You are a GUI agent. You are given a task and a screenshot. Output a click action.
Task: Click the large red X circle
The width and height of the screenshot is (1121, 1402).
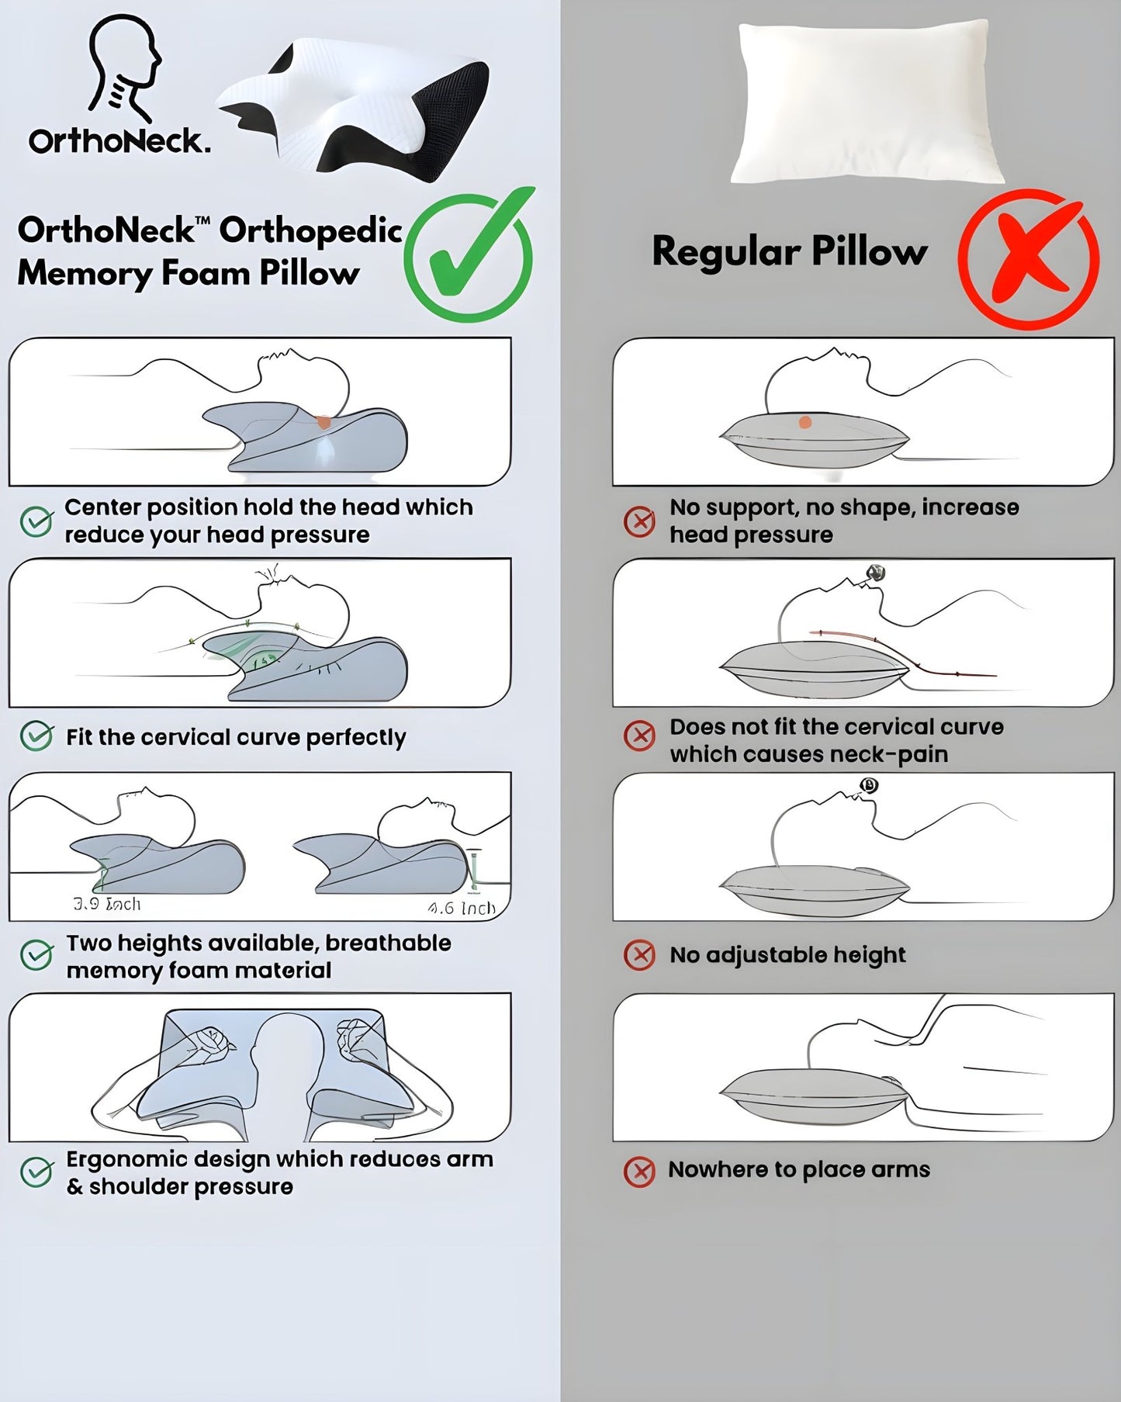[x=1029, y=259]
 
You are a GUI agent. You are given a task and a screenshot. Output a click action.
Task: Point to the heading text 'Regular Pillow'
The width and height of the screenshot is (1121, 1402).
[x=789, y=251]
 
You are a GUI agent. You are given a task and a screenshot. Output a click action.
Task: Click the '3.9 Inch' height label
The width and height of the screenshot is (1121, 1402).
[x=107, y=904]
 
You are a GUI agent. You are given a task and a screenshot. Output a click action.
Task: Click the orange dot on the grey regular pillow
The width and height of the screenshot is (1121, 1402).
[x=805, y=423]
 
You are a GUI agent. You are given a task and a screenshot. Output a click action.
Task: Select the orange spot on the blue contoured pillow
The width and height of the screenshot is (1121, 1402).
[x=323, y=422]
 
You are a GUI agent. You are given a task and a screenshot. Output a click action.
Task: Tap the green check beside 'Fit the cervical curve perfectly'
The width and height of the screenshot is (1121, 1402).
[x=36, y=736]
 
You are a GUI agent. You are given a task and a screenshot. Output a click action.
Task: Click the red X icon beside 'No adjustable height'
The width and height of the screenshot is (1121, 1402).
[x=639, y=955]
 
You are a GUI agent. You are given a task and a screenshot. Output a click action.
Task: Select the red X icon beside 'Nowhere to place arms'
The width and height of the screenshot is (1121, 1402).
[x=639, y=1171]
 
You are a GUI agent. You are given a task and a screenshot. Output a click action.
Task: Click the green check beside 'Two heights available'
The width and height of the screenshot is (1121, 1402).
[x=36, y=955]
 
